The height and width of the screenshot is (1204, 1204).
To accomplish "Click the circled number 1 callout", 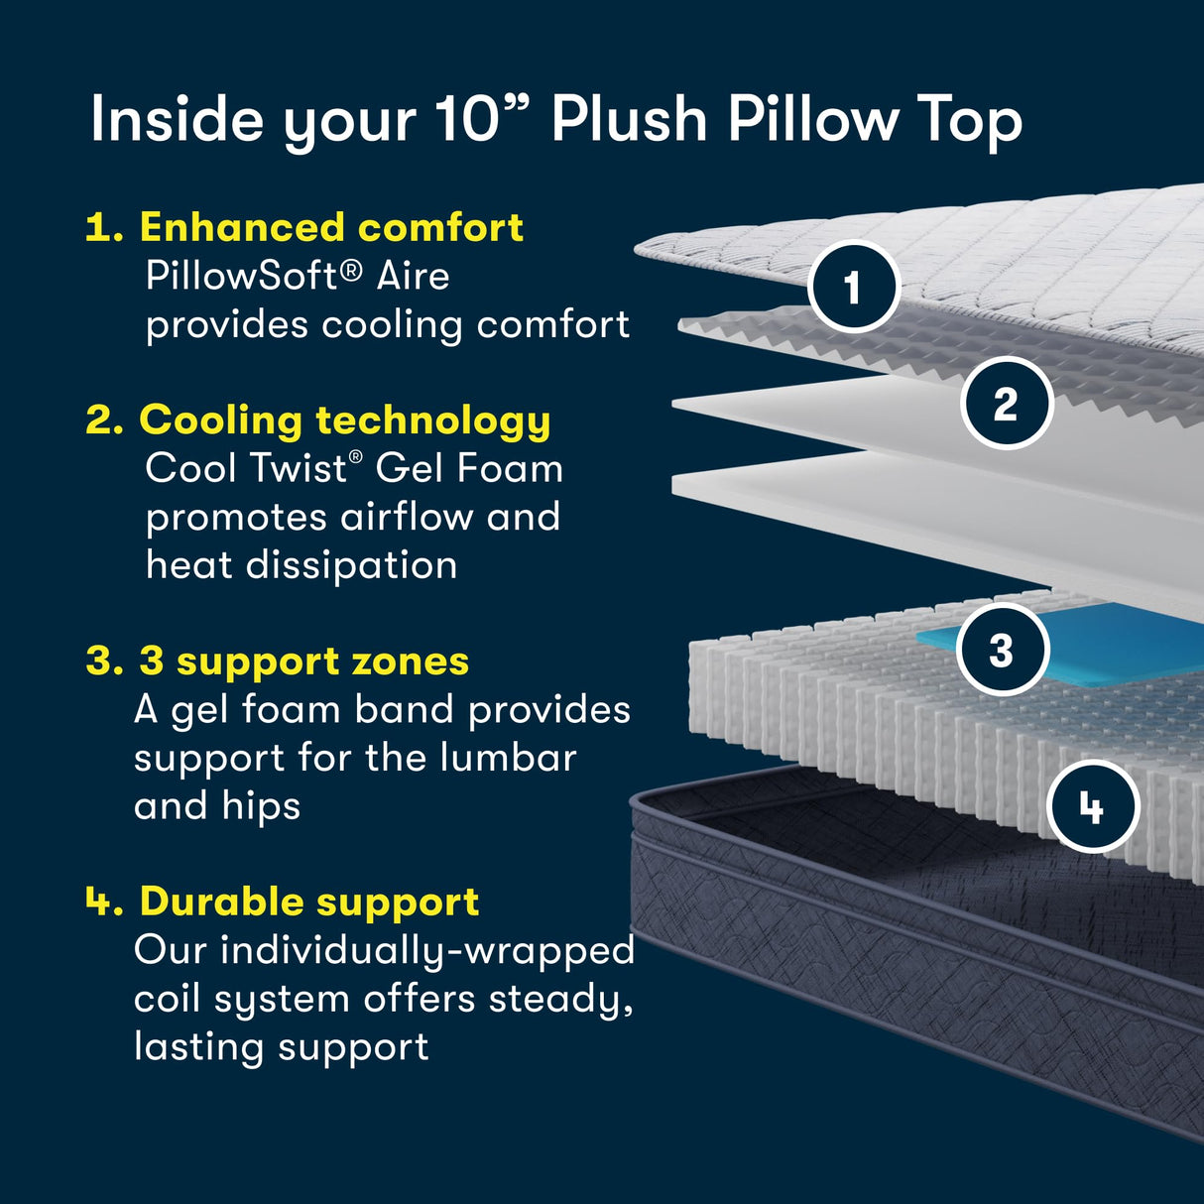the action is [854, 287].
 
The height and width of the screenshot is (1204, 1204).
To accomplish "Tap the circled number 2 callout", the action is [1007, 403].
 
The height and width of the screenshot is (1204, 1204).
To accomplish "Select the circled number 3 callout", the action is [1003, 650].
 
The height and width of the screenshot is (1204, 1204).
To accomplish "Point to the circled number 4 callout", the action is [1093, 807].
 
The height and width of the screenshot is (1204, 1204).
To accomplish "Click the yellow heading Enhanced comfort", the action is [331, 226].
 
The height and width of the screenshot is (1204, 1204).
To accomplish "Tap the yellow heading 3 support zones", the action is [304, 662].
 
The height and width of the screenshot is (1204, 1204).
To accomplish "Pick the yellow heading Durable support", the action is [309, 902].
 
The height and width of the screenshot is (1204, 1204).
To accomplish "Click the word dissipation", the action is [351, 565].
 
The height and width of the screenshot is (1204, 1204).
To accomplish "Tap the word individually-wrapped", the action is [427, 951].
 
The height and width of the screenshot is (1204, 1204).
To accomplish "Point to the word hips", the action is [261, 806].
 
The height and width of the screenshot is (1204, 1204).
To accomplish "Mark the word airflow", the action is [406, 517].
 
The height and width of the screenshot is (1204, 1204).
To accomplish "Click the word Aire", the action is [413, 276].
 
